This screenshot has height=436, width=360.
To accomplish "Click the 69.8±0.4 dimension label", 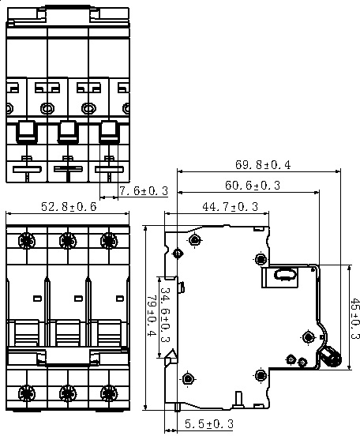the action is pyautogui.click(x=263, y=165).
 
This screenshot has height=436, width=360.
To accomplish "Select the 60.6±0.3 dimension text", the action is pyautogui.click(x=253, y=185).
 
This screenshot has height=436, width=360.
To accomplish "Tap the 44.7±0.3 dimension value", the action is pyautogui.click(x=231, y=207).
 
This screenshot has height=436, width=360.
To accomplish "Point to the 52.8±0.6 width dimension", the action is pyautogui.click(x=69, y=207).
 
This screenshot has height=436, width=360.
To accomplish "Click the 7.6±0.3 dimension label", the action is pyautogui.click(x=144, y=191).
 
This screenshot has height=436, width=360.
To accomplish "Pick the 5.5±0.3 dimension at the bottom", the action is pyautogui.click(x=209, y=424).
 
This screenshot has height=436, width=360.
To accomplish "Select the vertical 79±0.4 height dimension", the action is pyautogui.click(x=152, y=316).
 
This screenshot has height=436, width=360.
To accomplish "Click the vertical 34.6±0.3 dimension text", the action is pyautogui.click(x=166, y=315).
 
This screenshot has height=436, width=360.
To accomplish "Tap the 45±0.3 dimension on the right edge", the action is pyautogui.click(x=354, y=318).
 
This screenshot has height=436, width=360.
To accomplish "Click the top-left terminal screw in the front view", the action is pyautogui.click(x=27, y=241).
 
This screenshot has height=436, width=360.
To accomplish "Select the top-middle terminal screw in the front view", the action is pyautogui.click(x=68, y=241).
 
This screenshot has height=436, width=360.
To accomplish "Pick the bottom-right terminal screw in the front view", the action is pyautogui.click(x=109, y=393).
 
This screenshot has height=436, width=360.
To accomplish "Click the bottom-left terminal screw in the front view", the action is pyautogui.click(x=27, y=393).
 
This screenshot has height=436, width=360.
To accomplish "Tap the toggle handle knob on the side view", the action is pyautogui.click(x=330, y=357).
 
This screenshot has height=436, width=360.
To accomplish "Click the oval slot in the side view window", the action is pyautogui.click(x=284, y=275).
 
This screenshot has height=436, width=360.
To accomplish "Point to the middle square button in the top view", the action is pyautogui.click(x=68, y=131).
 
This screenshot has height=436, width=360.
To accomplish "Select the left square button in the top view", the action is pyautogui.click(x=27, y=131).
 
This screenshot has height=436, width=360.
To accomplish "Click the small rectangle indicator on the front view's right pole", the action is pyautogui.click(x=119, y=299).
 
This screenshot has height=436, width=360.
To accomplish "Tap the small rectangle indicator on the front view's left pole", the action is pyautogui.click(x=37, y=299).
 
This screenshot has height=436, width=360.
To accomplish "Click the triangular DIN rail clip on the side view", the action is pyautogui.click(x=171, y=356).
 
